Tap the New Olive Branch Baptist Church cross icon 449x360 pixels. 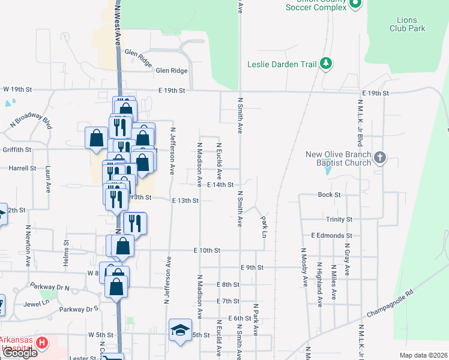(379, 158)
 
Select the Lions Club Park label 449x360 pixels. (407, 24)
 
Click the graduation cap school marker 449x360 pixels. (179, 330)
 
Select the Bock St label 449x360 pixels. (329, 195)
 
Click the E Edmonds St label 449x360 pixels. (331, 236)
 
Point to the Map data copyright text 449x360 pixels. (423, 355)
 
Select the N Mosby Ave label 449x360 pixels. (304, 265)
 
